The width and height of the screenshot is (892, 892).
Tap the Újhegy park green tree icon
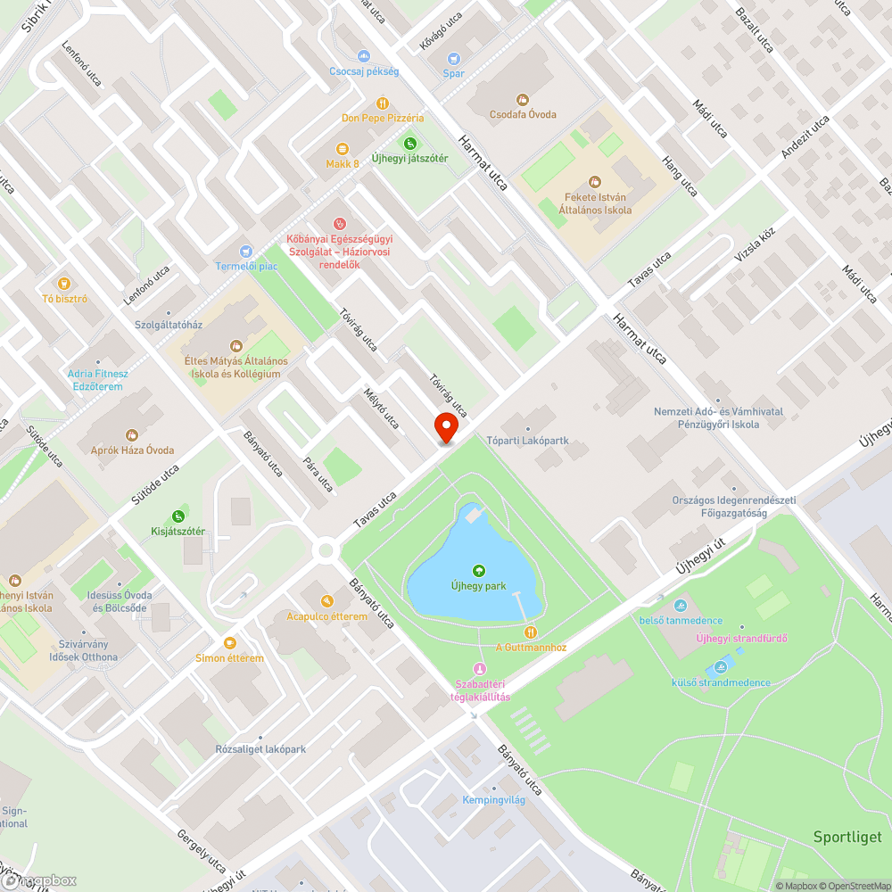point(478,571)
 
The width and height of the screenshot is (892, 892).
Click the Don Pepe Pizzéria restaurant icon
point(383,103)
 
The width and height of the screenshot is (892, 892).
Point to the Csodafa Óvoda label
point(523,114)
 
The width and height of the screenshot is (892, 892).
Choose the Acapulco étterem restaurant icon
point(326,601)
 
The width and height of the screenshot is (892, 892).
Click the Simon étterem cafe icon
point(230,642)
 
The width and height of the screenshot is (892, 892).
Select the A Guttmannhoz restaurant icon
point(531,632)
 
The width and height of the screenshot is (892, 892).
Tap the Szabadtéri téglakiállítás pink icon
point(480,669)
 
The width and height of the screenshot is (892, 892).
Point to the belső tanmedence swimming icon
point(681,606)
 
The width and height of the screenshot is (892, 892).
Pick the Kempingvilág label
point(493,799)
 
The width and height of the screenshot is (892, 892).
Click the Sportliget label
point(847,837)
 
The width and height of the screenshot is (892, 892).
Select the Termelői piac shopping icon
point(247,252)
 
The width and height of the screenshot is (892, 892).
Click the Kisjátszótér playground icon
point(178,516)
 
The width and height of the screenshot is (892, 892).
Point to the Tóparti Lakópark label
point(528,440)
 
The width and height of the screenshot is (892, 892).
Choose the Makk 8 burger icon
point(343,149)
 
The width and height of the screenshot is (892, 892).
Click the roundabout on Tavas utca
point(326,550)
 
